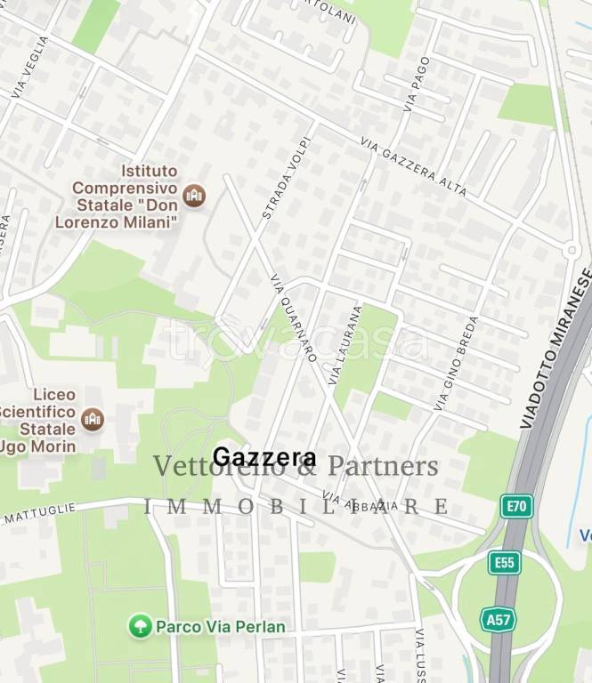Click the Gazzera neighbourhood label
(264, 458)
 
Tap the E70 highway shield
(516, 506)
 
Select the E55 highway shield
(504, 562)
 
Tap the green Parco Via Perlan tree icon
(139, 626)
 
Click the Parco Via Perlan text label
(221, 627)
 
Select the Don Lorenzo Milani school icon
(193, 195)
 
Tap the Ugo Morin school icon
(93, 419)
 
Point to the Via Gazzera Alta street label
(413, 166)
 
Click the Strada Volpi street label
(287, 178)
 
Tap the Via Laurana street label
(345, 345)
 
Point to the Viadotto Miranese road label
(556, 348)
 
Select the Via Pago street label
(416, 84)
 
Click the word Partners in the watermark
(383, 467)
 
